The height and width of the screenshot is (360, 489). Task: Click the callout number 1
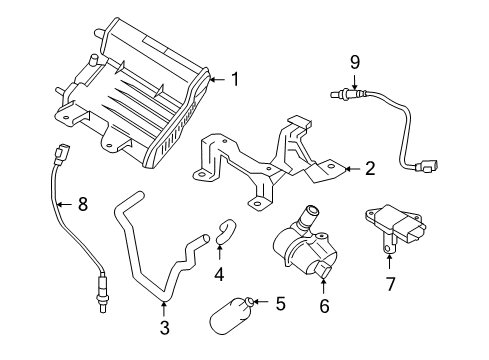click(235, 79)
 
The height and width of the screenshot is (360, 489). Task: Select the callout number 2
click(369, 169)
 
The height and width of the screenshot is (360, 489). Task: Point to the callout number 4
click(219, 273)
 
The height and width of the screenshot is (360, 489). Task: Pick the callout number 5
click(280, 303)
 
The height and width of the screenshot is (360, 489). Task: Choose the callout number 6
click(323, 306)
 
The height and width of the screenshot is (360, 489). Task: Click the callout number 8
click(82, 205)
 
